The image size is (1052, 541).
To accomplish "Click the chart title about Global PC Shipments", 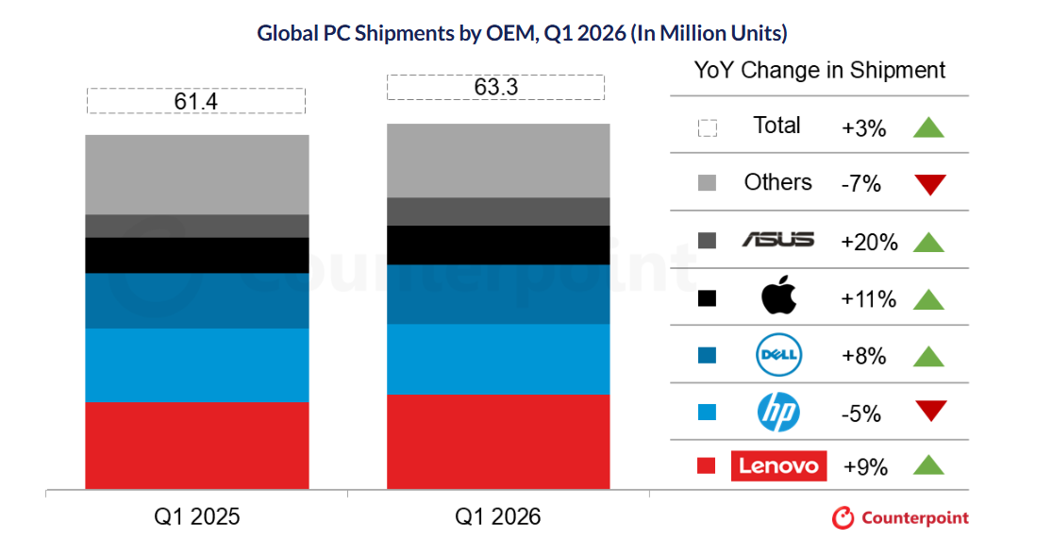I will click(522, 33).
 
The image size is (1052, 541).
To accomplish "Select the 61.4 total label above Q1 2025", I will click(195, 101).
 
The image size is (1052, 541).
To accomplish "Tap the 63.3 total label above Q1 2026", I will click(495, 87).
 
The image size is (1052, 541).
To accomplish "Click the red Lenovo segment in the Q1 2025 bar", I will click(197, 445).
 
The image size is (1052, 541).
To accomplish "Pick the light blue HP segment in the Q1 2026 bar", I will click(498, 358).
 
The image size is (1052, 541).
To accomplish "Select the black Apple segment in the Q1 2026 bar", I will click(498, 245).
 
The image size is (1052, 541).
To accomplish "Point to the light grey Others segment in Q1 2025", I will click(197, 174).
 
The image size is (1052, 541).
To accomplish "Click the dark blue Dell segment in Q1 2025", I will click(197, 300).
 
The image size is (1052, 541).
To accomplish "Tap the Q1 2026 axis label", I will click(497, 516).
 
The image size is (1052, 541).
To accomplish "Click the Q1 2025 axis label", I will click(197, 516).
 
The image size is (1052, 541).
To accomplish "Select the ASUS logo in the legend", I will click(777, 240).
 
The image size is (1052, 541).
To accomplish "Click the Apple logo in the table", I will click(778, 298).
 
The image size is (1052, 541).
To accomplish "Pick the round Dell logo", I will click(778, 355).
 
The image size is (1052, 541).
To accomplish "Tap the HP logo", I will click(778, 412).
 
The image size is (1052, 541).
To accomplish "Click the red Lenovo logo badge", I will click(778, 465).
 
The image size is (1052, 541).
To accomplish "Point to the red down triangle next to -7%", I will click(929, 184).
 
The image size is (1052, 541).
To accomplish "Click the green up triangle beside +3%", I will click(929, 127).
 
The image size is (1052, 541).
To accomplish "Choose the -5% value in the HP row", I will click(860, 414).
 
